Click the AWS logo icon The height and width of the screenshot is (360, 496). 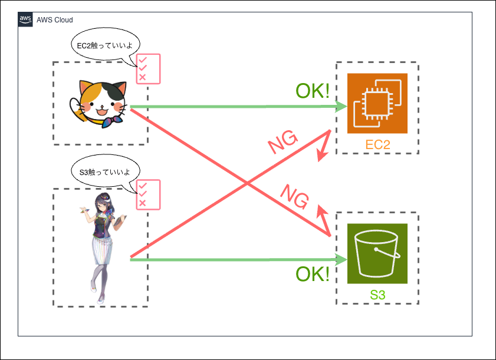(25, 19)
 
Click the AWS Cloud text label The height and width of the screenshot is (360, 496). (54, 20)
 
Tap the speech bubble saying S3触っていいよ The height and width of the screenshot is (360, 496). (101, 173)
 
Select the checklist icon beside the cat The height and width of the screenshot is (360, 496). (146, 70)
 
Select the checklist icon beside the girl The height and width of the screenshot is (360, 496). (146, 195)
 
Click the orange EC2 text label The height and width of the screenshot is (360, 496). (377, 145)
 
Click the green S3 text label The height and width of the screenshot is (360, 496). (377, 295)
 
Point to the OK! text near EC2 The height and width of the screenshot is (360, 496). (312, 91)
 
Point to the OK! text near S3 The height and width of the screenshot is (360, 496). (312, 275)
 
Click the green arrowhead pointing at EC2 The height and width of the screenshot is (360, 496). (340, 107)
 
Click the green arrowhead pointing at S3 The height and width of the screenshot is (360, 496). (340, 259)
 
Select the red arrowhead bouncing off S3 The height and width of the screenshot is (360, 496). (321, 212)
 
